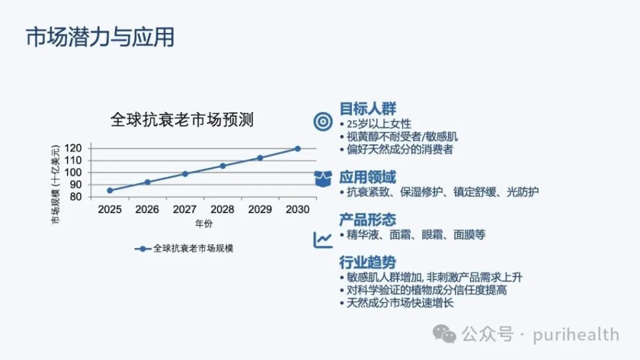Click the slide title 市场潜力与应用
[100, 37]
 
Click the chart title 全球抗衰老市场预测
[182, 119]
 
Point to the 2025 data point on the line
[110, 191]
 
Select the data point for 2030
[297, 149]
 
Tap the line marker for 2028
[222, 166]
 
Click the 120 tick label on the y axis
[73, 148]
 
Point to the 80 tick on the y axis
[76, 197]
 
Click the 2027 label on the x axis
[185, 209]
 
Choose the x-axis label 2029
[260, 209]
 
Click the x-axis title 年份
[204, 223]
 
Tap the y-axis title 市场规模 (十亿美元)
[56, 184]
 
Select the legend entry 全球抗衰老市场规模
[184, 249]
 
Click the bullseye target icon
[323, 121]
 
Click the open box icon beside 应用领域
[323, 179]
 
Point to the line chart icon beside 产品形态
[323, 239]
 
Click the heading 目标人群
[367, 109]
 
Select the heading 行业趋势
[367, 262]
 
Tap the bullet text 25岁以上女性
[379, 124]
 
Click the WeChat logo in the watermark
[444, 334]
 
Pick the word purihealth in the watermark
[576, 335]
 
